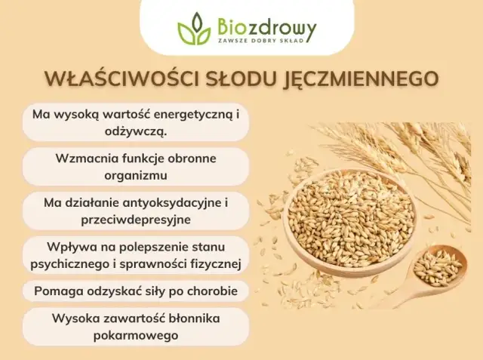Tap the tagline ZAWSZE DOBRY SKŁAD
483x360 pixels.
click(x=260, y=42)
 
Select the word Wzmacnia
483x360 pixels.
click(x=85, y=159)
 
